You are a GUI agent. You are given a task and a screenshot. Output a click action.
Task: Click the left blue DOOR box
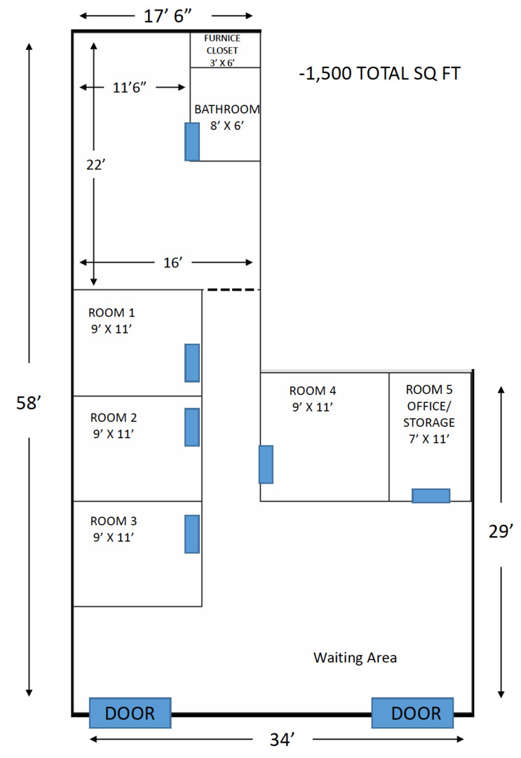tap(130, 713)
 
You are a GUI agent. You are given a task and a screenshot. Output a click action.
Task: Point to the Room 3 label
tap(113, 529)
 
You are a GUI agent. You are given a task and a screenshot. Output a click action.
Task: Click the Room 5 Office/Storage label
tap(429, 414)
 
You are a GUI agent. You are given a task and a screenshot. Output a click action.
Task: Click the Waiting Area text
tap(355, 658)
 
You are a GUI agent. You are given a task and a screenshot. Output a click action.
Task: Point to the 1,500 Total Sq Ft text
tap(379, 74)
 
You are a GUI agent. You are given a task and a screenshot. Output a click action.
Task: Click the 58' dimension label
tap(30, 404)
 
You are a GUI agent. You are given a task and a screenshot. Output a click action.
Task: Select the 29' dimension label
tap(501, 532)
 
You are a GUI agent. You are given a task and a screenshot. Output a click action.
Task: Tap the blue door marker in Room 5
tap(431, 496)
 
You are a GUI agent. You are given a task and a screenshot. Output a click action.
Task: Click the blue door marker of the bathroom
tap(191, 141)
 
